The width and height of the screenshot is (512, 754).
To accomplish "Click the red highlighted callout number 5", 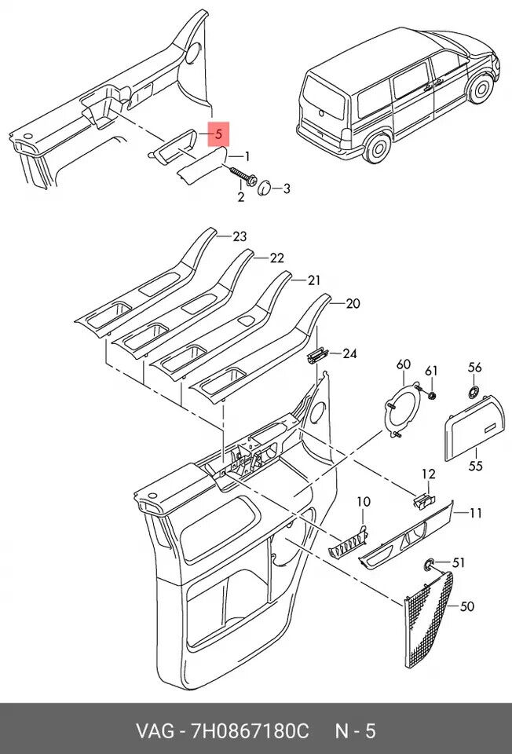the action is point(219,134).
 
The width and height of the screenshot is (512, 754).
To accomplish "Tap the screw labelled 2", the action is point(243,177).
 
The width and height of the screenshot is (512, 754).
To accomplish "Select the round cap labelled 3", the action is point(265,188).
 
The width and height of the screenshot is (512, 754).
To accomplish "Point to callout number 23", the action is point(240,236).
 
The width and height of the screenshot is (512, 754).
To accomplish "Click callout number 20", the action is point(353,303).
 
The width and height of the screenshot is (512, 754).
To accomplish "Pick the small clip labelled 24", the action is point(316,355).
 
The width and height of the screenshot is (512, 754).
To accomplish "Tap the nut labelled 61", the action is point(432,395).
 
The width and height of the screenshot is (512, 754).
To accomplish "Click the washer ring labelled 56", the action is point(474,392).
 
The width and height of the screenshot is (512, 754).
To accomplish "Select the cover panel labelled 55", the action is point(474,427).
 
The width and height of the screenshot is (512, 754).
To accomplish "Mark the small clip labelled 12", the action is point(423,500).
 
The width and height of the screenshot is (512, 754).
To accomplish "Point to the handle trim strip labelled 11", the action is point(406,535).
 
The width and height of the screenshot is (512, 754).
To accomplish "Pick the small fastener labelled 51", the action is point(428,565).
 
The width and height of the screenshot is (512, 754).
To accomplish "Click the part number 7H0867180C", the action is point(250,731).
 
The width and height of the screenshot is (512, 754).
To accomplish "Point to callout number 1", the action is point(247,157).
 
